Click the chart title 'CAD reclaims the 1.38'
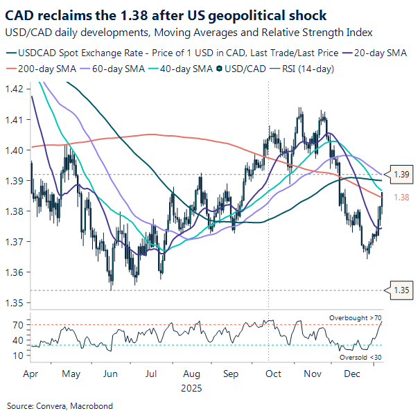(166, 15)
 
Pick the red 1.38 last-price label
(401, 198)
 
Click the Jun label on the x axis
(109, 374)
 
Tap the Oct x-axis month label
(274, 374)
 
